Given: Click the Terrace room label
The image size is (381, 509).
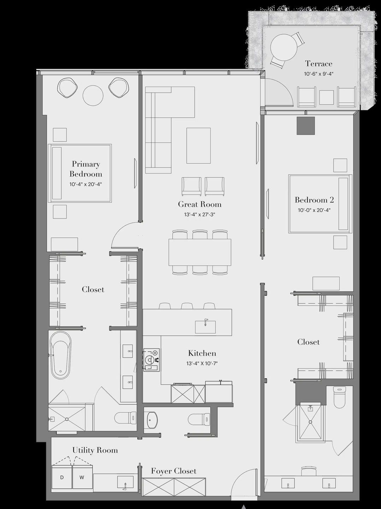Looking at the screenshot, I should point(318,64).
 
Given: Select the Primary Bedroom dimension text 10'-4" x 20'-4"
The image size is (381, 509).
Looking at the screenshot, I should point(86,184).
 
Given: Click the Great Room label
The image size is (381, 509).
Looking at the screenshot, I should point(200,204).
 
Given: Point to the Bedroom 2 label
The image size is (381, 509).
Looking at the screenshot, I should point(314,200).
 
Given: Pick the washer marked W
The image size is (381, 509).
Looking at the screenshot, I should point(82,477).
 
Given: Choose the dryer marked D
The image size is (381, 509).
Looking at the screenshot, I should point(62,477).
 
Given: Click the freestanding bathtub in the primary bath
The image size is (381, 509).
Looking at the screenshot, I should point(60,355).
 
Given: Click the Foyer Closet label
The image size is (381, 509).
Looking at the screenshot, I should point(174,471).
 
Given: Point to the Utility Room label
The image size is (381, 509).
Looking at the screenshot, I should point(95,450).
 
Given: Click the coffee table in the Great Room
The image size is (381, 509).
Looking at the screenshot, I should point(198,146).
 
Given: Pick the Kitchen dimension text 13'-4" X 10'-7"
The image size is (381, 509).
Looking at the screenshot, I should point(202,363).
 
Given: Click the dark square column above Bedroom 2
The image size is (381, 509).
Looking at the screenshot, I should point(305,125).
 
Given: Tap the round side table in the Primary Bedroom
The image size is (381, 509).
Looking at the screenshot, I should point(93,95).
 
